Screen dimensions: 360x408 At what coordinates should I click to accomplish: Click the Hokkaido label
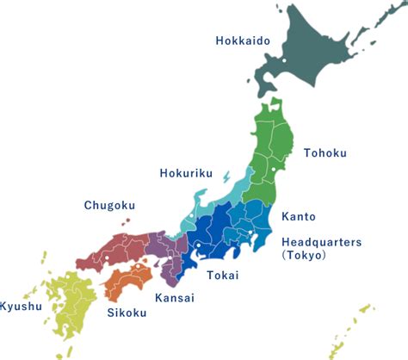243,40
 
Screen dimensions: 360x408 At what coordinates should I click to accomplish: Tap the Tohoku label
325,153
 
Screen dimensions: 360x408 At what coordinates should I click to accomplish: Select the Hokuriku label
186,173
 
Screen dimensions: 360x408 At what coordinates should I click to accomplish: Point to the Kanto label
299,217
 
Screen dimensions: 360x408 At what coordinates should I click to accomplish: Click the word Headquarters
323,242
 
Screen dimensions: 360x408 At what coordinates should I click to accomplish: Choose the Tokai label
223,276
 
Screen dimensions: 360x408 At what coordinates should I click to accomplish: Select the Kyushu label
20,307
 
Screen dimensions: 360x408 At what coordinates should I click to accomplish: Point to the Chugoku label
109,205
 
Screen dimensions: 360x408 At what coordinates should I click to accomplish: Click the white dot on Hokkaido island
283,61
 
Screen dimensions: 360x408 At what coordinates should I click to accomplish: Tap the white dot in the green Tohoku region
274,170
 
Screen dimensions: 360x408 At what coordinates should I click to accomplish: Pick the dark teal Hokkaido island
310,60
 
